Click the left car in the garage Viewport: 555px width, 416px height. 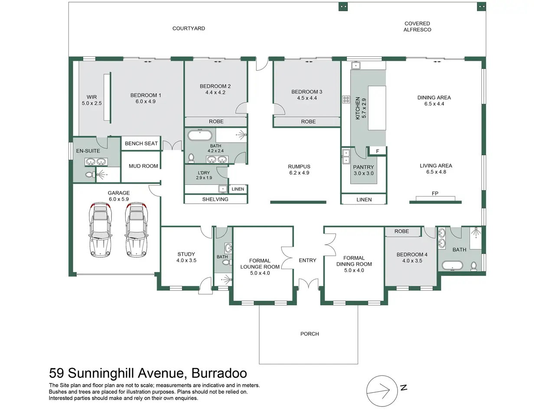pyautogui.click(x=101, y=230)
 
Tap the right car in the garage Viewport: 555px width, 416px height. pyautogui.click(x=137, y=230)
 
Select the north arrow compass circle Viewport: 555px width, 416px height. pyautogui.click(x=382, y=391)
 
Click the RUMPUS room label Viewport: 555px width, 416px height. pyautogui.click(x=299, y=166)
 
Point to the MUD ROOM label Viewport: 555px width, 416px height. pyautogui.click(x=144, y=166)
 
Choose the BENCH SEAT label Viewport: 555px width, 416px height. pyautogui.click(x=141, y=143)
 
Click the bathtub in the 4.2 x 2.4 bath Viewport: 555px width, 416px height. pyautogui.click(x=200, y=135)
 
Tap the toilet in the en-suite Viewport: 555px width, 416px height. pyautogui.click(x=90, y=174)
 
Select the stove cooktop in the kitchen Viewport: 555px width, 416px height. pyautogui.click(x=346, y=99)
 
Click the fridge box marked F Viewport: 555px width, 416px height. pyautogui.click(x=377, y=151)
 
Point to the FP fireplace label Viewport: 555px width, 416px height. pyautogui.click(x=435, y=193)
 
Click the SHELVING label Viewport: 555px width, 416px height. pyautogui.click(x=215, y=199)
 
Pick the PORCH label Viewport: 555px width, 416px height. pyautogui.click(x=310, y=334)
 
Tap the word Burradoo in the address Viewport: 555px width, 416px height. pyautogui.click(x=219, y=373)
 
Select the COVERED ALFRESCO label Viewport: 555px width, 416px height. pyautogui.click(x=417, y=26)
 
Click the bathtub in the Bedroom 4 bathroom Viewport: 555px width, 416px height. pyautogui.click(x=452, y=266)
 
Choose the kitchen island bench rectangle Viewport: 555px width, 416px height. pyautogui.click(x=377, y=108)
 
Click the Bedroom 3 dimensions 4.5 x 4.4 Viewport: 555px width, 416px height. pyautogui.click(x=307, y=98)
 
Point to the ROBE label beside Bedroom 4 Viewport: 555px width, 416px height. pyautogui.click(x=402, y=231)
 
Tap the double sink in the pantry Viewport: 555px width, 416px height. pyautogui.click(x=346, y=156)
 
